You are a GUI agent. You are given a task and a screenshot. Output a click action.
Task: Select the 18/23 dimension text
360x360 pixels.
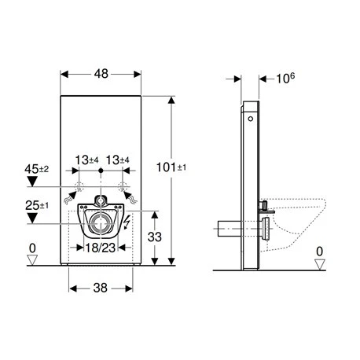tap(101, 246)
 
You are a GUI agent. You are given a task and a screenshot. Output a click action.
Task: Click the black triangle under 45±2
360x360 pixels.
tap(31, 181)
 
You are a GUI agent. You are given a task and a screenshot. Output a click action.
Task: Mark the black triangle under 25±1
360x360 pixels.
tap(31, 219)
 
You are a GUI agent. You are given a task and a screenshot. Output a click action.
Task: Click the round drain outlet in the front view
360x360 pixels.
tap(101, 223)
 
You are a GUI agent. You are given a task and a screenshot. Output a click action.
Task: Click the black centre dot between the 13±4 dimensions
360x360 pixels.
tap(99, 169)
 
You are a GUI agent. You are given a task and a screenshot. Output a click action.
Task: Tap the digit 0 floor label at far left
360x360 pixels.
tap(32, 250)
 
